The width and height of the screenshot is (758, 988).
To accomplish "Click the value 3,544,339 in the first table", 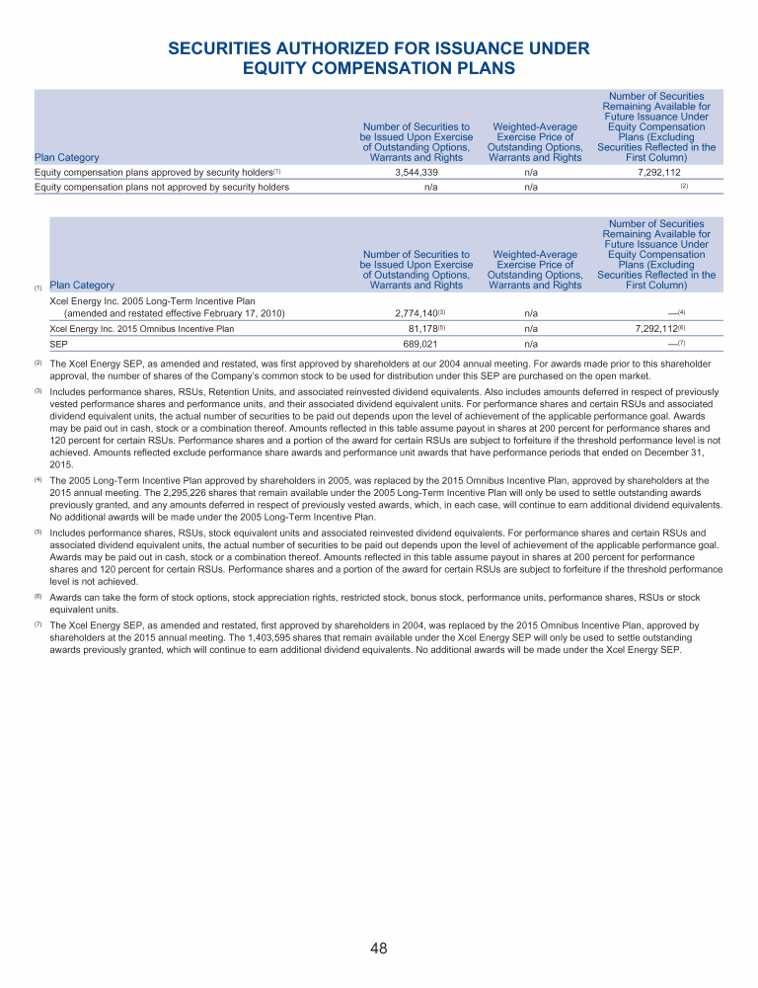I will pyautogui.click(x=417, y=171).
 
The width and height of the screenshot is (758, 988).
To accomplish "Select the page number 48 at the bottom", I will pyautogui.click(x=379, y=948).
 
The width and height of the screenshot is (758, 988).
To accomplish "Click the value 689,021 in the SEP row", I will pyautogui.click(x=417, y=344).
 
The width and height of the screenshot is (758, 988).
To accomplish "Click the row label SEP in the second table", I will pyautogui.click(x=58, y=344).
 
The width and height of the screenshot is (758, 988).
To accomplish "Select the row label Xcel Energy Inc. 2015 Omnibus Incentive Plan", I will pyautogui.click(x=142, y=328).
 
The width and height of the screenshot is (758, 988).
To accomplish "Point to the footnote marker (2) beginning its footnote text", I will pyautogui.click(x=38, y=364).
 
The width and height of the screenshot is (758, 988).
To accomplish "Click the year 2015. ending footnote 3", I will pyautogui.click(x=60, y=461).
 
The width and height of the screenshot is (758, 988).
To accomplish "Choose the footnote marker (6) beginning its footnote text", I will pyautogui.click(x=38, y=598).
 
